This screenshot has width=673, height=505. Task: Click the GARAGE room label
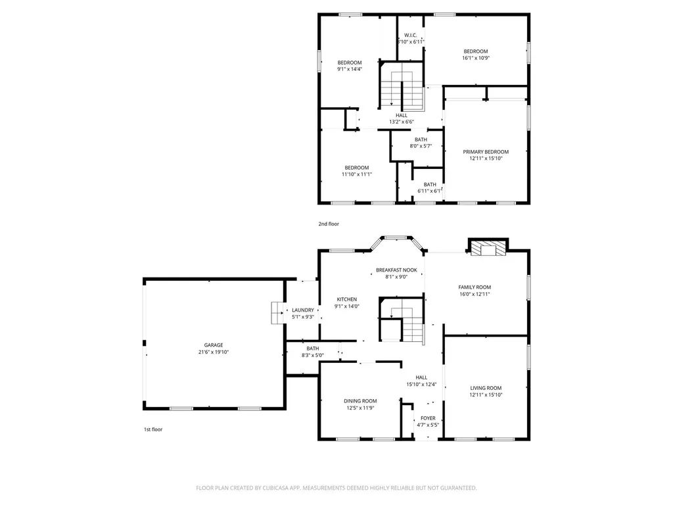[214, 345]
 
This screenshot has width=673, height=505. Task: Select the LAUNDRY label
[303, 310]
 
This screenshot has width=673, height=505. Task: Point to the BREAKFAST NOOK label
[396, 270]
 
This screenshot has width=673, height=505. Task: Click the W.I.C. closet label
[410, 36]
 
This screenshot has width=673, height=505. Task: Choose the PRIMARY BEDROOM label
[486, 152]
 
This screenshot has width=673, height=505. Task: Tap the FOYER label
[428, 418]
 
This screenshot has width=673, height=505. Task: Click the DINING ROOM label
[361, 401]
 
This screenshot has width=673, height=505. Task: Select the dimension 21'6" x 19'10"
[214, 352]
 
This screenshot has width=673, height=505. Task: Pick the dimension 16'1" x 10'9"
[476, 58]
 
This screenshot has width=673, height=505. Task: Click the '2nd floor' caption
[329, 224]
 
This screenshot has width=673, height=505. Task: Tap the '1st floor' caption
[153, 429]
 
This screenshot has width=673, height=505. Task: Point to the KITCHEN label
[347, 299]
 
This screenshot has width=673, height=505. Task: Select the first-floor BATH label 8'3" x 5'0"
[313, 349]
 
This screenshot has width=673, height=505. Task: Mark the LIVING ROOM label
[486, 388]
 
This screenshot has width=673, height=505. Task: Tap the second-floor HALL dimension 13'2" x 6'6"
[402, 122]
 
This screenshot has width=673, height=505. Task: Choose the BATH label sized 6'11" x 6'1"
[430, 185]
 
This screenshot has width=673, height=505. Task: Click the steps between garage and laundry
[278, 312]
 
